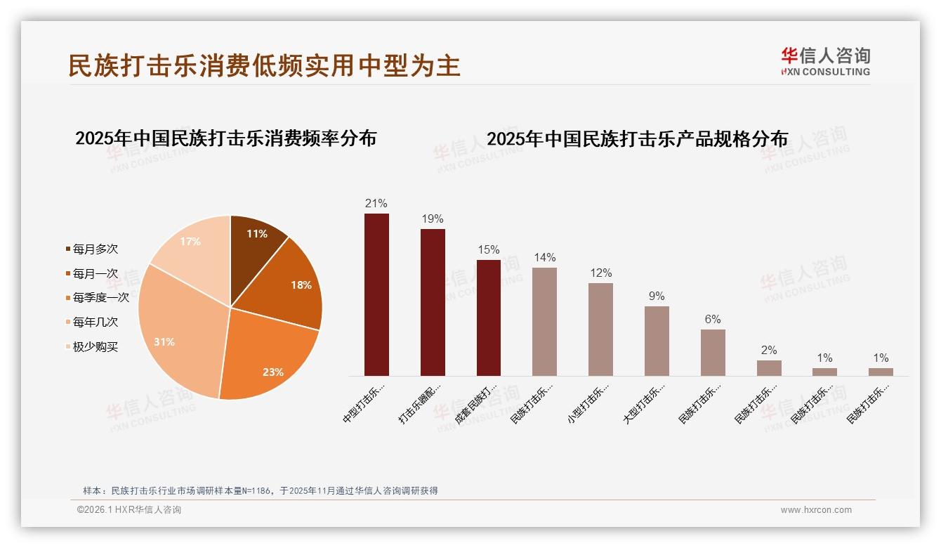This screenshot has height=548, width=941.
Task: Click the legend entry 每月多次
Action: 95,249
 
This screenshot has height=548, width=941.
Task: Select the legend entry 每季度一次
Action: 100,297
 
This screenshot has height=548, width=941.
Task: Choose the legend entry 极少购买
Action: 95,346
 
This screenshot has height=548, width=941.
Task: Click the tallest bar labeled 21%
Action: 376,295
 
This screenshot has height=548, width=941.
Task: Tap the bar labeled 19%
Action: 433,302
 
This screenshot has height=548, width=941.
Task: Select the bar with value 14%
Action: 544,322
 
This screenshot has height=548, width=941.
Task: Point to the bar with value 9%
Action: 657,341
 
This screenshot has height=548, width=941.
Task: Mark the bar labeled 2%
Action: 769,368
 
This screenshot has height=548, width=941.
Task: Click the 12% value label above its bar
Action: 600,273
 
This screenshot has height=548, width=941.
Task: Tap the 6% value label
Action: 713,319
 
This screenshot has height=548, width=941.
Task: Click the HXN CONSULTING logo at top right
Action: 825,61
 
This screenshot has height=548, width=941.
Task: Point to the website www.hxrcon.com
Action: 816,510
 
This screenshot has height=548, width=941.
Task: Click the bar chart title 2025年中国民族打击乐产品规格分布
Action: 637,138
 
